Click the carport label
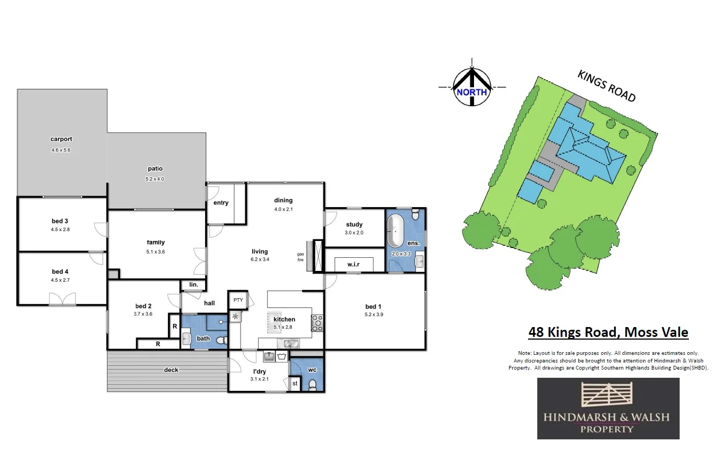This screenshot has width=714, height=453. click(x=61, y=139)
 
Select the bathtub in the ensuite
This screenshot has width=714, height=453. click(x=396, y=232)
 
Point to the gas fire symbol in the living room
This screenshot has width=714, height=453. click(x=311, y=256)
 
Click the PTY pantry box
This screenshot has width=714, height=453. click(x=238, y=300)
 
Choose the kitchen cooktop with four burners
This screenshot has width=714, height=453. click(x=317, y=323)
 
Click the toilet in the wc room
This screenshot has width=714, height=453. click(x=313, y=385)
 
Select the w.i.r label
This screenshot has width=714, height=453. click(x=353, y=265)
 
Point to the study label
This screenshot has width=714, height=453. click(x=354, y=225)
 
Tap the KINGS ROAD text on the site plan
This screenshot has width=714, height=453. click(x=607, y=86)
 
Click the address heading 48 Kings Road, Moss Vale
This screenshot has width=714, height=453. click(x=608, y=332)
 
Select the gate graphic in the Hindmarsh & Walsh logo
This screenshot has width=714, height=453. click(x=608, y=396)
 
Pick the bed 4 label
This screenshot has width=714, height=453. click(x=61, y=271)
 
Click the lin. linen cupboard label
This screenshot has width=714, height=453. click(x=193, y=285)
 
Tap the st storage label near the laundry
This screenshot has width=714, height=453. click(x=295, y=384)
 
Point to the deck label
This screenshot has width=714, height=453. click(x=171, y=370)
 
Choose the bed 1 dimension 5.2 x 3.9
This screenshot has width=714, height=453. click(x=374, y=315)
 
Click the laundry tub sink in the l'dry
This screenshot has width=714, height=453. click(x=269, y=357)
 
